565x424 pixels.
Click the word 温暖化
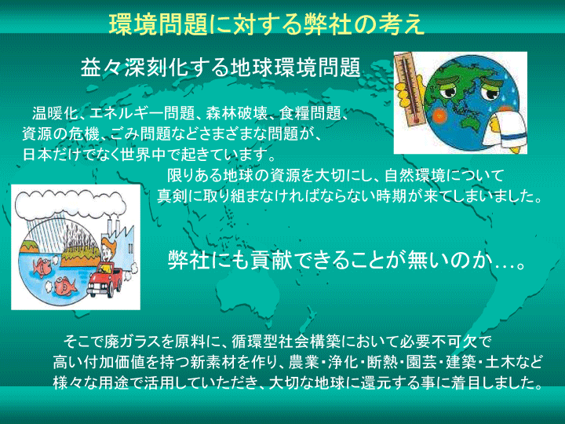(x=55, y=113)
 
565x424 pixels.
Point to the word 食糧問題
(x=310, y=113)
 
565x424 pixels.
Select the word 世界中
(x=144, y=155)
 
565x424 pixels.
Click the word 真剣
(x=172, y=196)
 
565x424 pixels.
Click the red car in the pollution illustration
(x=104, y=279)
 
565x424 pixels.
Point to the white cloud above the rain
(x=71, y=203)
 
